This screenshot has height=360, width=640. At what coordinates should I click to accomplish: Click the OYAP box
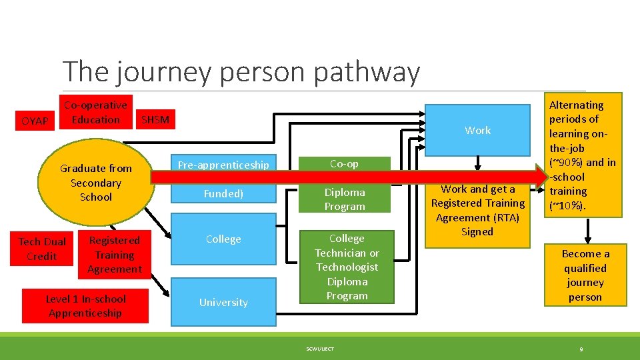coord(35,121)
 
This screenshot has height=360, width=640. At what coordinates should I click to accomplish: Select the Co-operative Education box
coord(95,113)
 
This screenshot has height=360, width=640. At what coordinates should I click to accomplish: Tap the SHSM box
coord(155,120)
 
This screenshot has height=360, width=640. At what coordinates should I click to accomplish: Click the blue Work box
coord(477,130)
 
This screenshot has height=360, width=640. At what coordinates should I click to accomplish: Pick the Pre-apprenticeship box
coord(223,164)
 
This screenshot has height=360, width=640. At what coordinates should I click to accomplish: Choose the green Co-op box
coord(344,163)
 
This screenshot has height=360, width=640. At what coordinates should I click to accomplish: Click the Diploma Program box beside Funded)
coord(344,199)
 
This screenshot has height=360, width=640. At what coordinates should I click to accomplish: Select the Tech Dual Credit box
coord(42,249)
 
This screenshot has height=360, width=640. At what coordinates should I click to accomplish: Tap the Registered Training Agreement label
coord(114,255)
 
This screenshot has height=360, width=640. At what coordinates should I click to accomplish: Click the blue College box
coord(223,239)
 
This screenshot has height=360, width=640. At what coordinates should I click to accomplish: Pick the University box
coord(223,302)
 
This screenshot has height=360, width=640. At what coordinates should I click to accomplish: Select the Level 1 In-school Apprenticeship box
coord(85,306)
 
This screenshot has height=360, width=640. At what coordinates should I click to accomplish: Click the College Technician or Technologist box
coord(347,267)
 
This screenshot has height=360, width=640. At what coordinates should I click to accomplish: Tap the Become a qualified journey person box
coord(585,275)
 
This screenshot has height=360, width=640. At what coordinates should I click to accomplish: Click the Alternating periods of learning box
coord(583,155)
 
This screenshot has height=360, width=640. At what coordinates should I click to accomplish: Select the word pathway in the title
coord(367,72)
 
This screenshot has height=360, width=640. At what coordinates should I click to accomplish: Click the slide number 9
coord(581,349)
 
